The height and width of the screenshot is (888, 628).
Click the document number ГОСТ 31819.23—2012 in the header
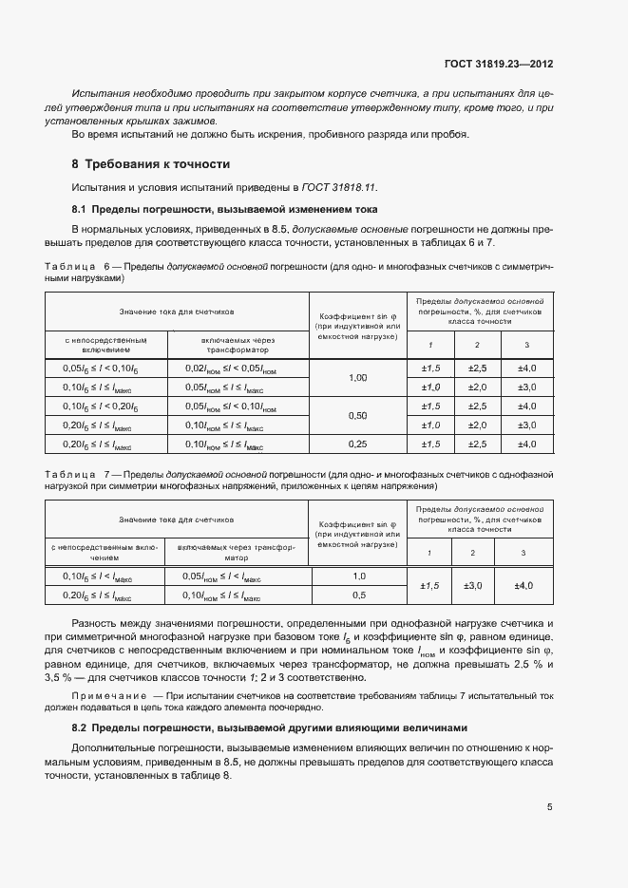click(x=498, y=66)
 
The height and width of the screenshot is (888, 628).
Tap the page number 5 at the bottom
click(x=550, y=808)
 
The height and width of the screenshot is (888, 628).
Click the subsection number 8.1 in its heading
click(x=80, y=208)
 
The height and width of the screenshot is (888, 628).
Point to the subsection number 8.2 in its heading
click(x=80, y=728)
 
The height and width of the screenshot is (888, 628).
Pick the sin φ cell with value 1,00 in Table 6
click(x=357, y=378)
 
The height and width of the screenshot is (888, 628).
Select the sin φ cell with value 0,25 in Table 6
click(x=357, y=444)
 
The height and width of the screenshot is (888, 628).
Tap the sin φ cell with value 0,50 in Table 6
click(x=357, y=416)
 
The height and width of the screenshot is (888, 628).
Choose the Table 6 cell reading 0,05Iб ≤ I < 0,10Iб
click(x=100, y=368)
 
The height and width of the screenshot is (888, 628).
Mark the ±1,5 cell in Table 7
click(x=429, y=586)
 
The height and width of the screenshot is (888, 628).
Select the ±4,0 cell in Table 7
click(x=523, y=586)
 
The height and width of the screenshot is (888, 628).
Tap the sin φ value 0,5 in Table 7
click(x=359, y=595)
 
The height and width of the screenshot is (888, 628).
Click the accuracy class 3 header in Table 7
click(x=523, y=553)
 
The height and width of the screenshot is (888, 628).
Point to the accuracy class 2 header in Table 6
click(x=477, y=344)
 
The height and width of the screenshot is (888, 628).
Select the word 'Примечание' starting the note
click(x=107, y=698)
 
